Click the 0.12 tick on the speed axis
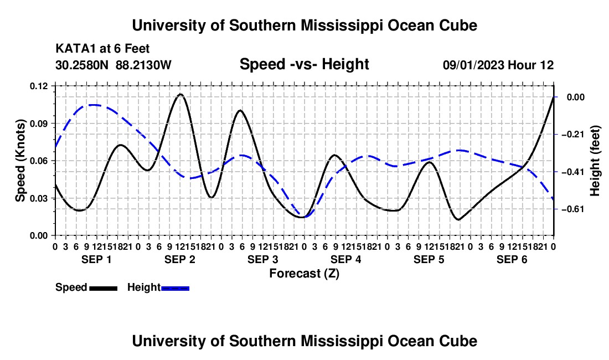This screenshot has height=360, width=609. (x=39, y=86)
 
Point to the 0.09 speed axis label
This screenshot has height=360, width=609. (x=39, y=124)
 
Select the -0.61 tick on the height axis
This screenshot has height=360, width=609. (x=573, y=209)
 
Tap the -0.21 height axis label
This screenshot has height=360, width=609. (x=573, y=135)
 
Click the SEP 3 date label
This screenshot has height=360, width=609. (x=263, y=259)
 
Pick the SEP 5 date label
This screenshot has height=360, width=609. (x=429, y=259)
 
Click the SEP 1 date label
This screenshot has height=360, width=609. (x=96, y=259)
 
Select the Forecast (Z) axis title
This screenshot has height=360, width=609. (x=304, y=274)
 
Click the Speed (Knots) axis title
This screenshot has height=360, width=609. (x=20, y=161)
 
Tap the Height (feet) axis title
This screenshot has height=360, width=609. (x=595, y=161)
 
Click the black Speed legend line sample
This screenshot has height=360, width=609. (x=104, y=288)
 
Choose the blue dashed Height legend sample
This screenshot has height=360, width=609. (x=175, y=288)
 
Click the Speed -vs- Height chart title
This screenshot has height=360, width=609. (x=304, y=64)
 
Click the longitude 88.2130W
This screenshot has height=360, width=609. (x=143, y=65)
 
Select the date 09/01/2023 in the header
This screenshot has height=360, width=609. (x=473, y=65)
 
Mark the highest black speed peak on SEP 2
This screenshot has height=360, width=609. (x=180, y=94)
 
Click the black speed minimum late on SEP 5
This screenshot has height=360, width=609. (x=459, y=220)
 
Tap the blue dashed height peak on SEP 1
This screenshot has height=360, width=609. (x=94, y=105)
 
